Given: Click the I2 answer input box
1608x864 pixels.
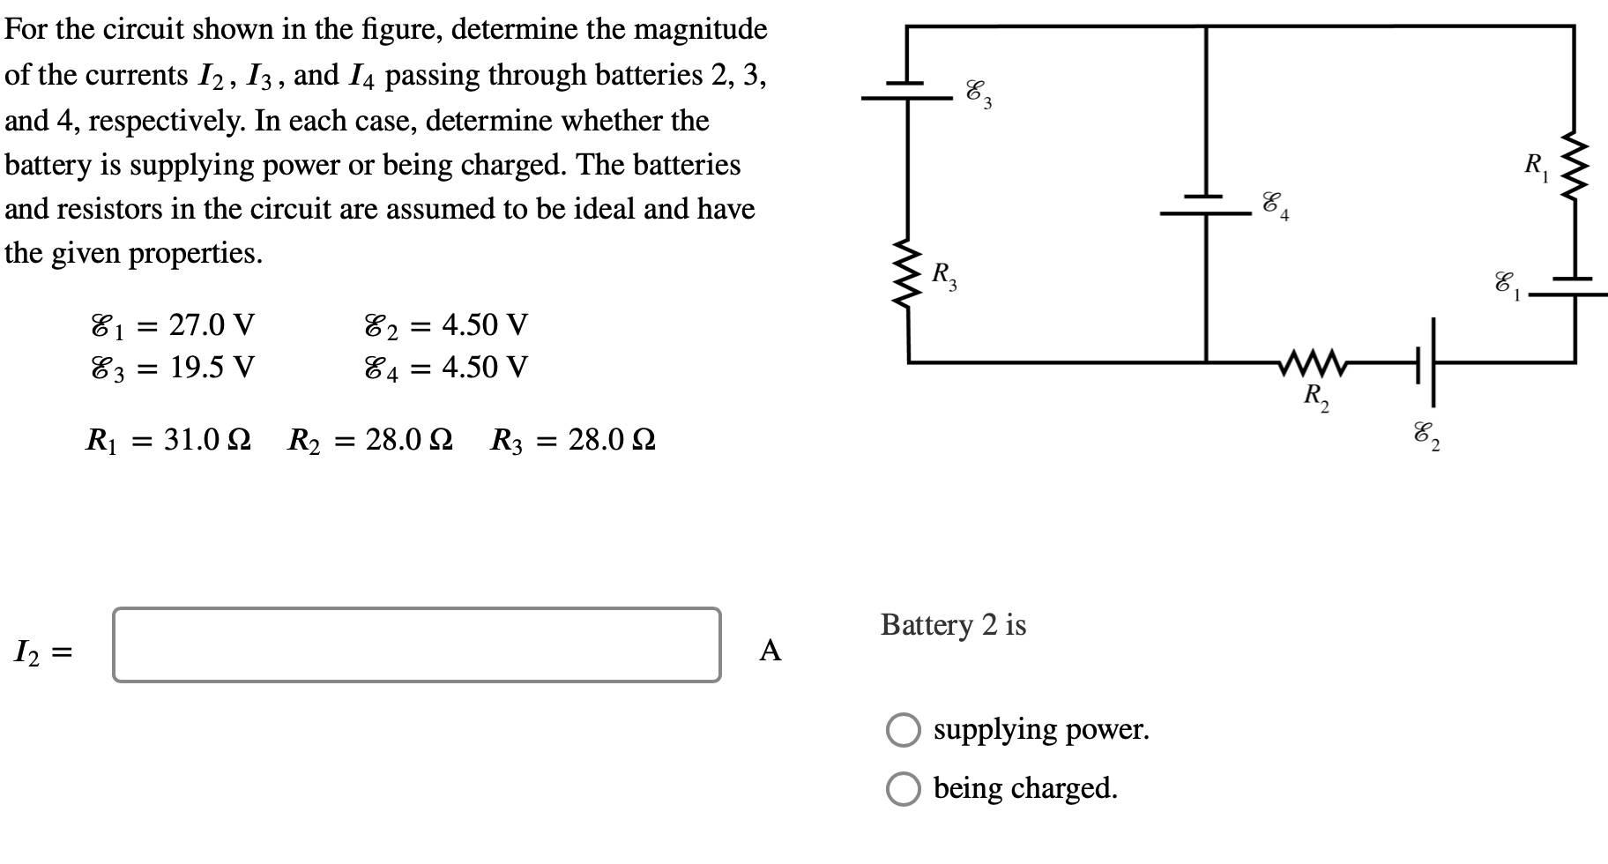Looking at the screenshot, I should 416,644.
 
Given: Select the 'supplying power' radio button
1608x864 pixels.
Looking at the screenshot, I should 903,730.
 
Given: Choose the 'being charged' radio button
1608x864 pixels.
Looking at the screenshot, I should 903,788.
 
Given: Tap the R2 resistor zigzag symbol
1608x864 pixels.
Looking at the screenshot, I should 1313,361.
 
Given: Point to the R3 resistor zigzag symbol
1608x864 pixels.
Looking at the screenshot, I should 908,273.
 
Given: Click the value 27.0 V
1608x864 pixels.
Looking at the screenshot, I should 212,325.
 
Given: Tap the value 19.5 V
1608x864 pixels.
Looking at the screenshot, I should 212,367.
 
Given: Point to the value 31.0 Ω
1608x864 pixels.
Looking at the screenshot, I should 207,439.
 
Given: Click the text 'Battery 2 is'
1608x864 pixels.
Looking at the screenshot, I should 953,625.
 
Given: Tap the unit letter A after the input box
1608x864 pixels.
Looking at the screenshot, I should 770,651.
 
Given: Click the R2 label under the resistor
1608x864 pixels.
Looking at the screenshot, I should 1316,396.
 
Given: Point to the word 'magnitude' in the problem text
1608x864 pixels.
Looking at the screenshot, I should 701,29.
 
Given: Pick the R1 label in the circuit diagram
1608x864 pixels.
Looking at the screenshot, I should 1535,164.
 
